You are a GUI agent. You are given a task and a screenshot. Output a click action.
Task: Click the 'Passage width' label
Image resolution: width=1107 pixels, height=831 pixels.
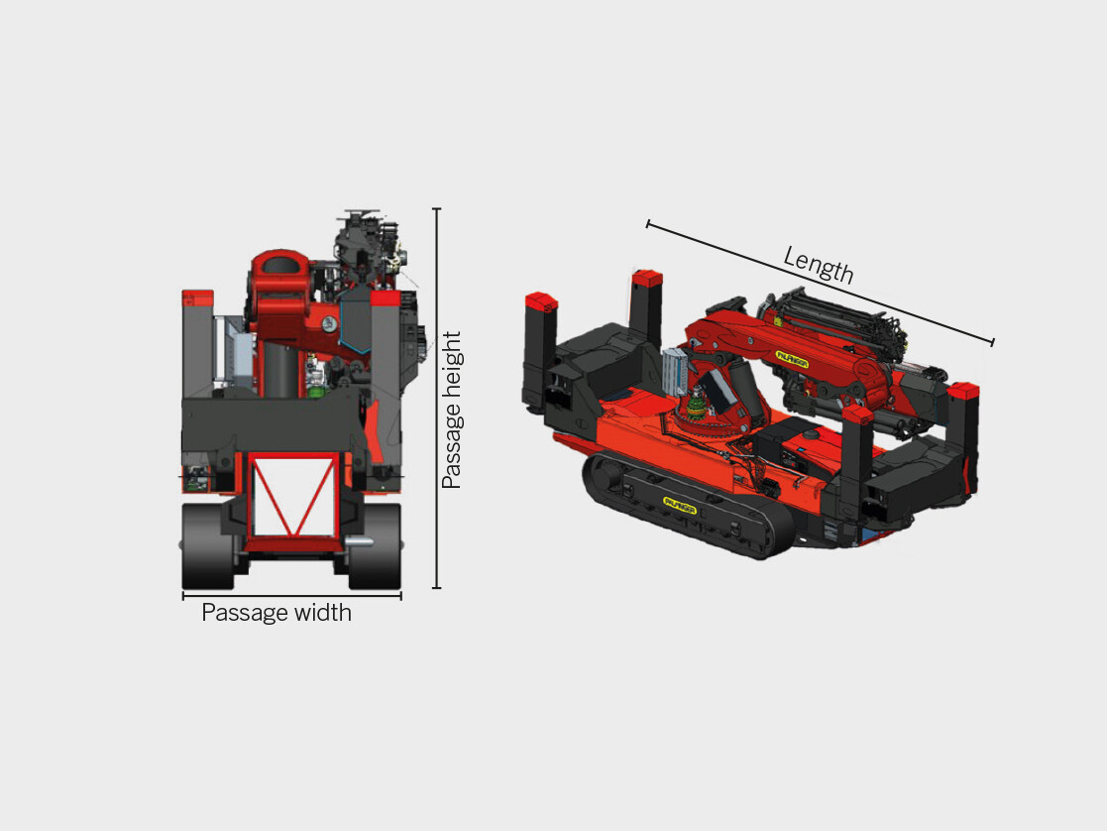pyautogui.click(x=277, y=613)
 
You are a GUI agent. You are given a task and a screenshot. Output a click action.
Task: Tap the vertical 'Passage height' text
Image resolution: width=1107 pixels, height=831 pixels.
pyautogui.click(x=452, y=410)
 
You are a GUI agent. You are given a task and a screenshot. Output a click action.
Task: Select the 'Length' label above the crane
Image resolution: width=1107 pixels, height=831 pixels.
pyautogui.click(x=818, y=265)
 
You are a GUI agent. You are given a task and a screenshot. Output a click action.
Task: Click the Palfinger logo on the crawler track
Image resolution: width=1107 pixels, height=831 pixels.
pyautogui.click(x=679, y=507)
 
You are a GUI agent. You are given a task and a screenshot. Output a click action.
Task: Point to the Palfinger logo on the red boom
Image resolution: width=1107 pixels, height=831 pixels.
pyautogui.click(x=792, y=364)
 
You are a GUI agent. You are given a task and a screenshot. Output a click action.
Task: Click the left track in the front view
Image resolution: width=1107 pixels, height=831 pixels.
pyautogui.click(x=207, y=546)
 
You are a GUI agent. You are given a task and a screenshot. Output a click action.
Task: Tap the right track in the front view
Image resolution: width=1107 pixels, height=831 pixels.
pyautogui.click(x=375, y=546)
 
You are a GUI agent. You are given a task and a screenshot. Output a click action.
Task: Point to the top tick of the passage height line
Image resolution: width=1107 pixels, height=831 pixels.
pyautogui.click(x=436, y=209)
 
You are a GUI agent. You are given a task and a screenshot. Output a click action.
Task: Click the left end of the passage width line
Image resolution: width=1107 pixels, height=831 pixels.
pyautogui.click(x=183, y=595)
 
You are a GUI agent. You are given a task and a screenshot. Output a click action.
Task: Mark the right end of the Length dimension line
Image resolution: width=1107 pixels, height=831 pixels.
pyautogui.click(x=992, y=343)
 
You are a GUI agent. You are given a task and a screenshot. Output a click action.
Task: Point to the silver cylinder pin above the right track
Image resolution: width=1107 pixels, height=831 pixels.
pyautogui.click(x=359, y=541)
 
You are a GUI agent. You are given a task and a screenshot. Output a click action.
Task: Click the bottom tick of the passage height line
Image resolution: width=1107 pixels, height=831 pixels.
pyautogui.click(x=436, y=587)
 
